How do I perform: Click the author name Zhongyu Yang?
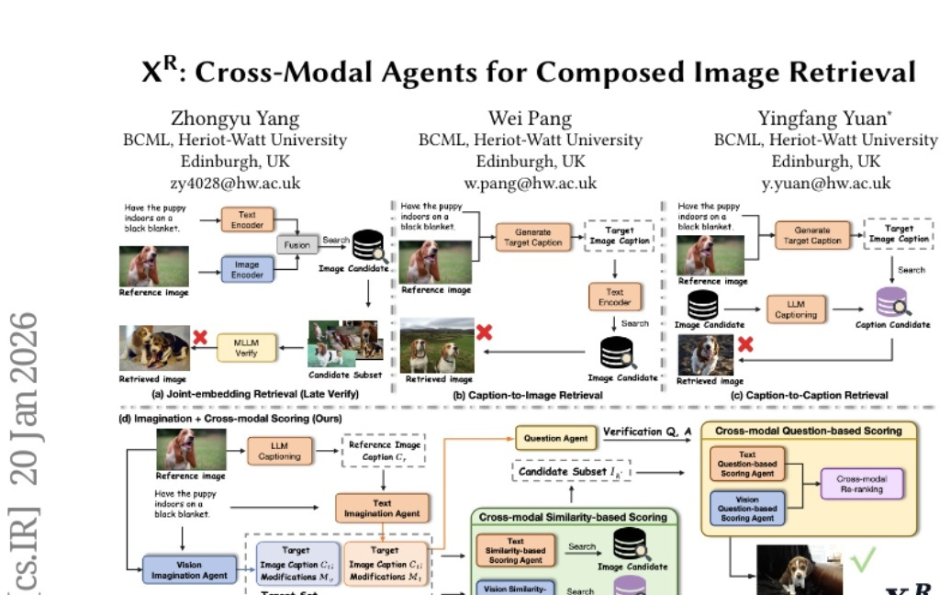point(235,118)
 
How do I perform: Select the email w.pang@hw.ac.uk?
point(530,183)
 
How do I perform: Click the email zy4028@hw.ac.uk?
point(235,183)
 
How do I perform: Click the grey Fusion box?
point(296,244)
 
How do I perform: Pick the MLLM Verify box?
point(246,348)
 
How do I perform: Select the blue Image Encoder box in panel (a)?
point(247,269)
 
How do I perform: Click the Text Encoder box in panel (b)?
point(614,297)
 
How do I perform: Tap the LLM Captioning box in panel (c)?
point(795,309)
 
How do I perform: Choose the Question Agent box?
point(555,438)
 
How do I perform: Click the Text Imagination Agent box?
point(382,508)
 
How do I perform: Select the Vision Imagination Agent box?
point(189,569)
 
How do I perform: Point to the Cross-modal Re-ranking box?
point(862,484)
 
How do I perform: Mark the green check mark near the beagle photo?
point(862,557)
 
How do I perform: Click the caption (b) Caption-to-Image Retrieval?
point(528,395)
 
